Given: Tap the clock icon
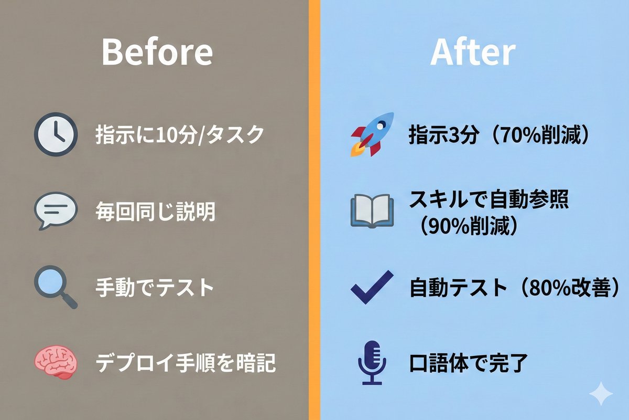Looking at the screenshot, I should coord(55,135).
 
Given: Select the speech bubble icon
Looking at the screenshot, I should coord(55,211).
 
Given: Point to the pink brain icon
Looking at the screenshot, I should coord(55,362).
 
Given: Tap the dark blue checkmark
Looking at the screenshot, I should coord(371,287).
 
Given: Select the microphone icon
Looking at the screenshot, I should coord(372,362).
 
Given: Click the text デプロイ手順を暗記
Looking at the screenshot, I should coord(186,363).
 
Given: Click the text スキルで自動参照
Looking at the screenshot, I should coord(488,200).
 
